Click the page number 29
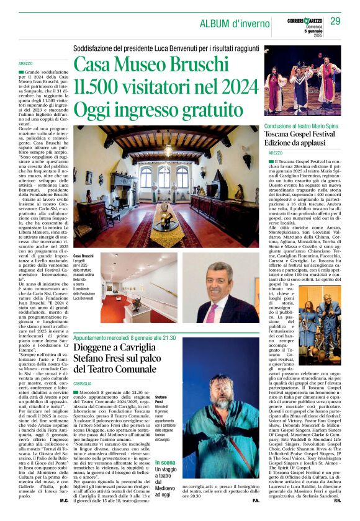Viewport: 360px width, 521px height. click(x=335, y=22)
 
